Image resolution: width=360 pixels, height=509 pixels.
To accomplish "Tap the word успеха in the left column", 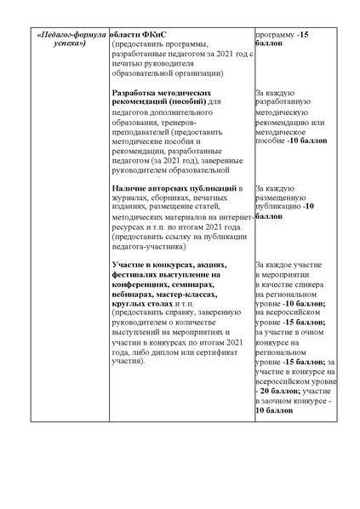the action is click(67, 49).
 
